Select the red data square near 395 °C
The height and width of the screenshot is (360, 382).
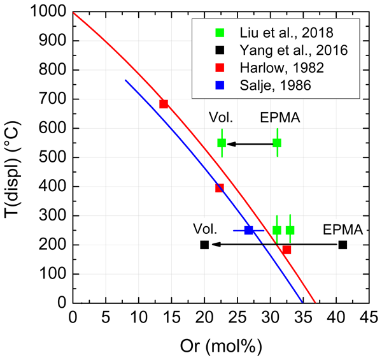220,188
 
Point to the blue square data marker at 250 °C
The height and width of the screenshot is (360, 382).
249,230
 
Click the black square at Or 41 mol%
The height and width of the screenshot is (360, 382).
343,245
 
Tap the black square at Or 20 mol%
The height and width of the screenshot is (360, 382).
204,245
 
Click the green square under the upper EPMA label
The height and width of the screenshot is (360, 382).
277,143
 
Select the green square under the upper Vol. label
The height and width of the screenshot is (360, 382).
222,143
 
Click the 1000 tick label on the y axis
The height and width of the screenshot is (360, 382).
53,13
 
